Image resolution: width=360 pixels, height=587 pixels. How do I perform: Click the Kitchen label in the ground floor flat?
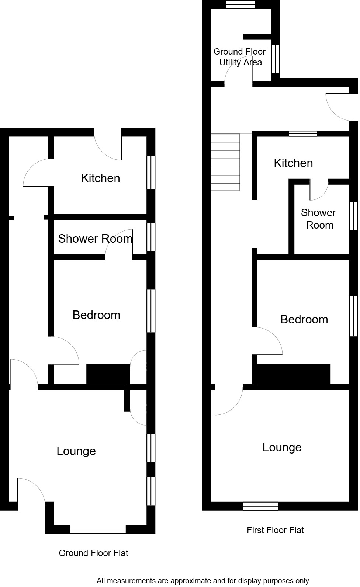click(100, 178)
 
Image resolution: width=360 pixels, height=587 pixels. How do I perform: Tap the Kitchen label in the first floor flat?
click(293, 163)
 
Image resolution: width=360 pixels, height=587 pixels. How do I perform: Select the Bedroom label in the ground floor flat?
click(96, 315)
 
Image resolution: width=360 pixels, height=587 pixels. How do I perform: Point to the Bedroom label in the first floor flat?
click(304, 319)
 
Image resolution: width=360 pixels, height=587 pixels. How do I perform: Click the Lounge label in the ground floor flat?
click(76, 451)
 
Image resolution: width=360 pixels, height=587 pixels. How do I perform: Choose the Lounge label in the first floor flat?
click(282, 447)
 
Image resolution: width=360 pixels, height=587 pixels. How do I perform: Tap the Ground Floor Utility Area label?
click(240, 57)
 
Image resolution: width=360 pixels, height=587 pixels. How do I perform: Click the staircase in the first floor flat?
click(225, 162)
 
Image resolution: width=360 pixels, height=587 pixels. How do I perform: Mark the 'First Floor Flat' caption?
click(275, 530)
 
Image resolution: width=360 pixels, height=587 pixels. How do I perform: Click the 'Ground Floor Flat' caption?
click(93, 553)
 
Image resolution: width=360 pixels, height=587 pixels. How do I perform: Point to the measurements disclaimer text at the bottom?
click(202, 581)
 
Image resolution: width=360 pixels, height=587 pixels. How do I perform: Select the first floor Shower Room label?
click(319, 219)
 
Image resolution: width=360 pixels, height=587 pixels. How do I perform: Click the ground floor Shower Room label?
click(95, 239)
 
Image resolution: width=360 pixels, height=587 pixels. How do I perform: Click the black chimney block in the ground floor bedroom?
click(105, 374)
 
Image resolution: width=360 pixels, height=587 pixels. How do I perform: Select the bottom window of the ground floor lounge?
click(98, 529)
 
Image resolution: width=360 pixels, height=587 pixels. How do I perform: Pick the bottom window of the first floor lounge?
click(260, 506)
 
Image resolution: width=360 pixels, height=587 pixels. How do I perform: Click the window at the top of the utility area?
click(240, 4)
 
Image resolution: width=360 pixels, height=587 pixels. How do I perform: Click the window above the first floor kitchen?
click(302, 133)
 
